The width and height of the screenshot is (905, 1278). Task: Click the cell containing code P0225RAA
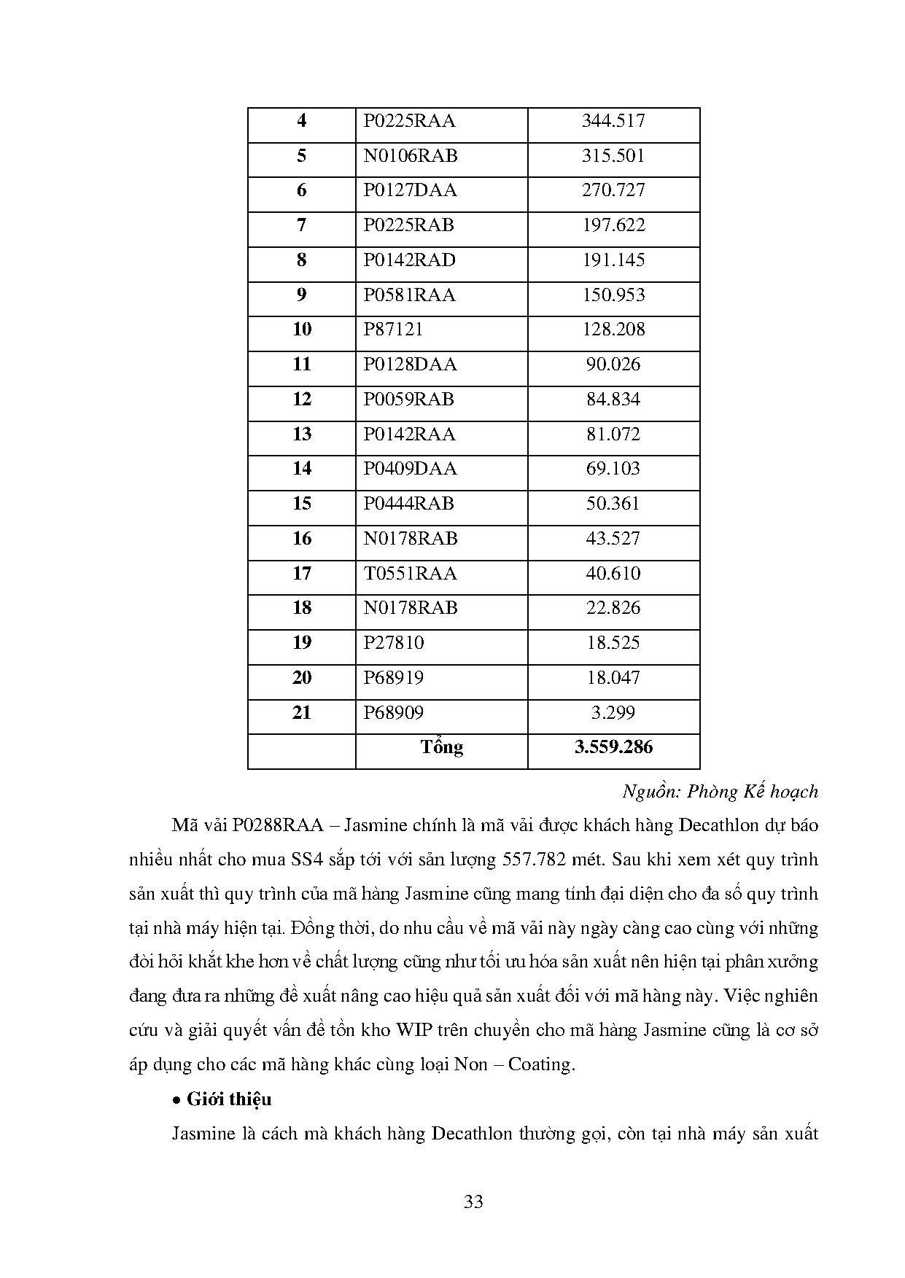(x=409, y=121)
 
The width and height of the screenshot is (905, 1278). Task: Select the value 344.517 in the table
(x=613, y=121)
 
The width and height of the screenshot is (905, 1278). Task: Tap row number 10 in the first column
(x=302, y=330)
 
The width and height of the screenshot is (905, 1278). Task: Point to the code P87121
(x=393, y=330)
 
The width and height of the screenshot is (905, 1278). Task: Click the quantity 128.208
(x=613, y=330)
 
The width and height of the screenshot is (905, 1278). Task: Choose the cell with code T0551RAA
(x=410, y=574)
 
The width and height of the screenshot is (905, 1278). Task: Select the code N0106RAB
(x=411, y=156)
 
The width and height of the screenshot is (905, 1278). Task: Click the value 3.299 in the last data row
(x=613, y=713)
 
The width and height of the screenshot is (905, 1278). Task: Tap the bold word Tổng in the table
(x=441, y=747)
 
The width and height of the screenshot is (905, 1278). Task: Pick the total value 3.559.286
(x=613, y=747)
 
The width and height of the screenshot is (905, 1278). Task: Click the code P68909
(x=394, y=713)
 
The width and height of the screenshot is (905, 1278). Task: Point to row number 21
(x=302, y=713)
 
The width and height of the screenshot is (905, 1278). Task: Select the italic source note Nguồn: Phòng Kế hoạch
(x=720, y=792)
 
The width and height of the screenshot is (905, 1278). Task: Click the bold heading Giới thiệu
(x=229, y=1099)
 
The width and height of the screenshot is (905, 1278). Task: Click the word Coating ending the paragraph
(x=540, y=1065)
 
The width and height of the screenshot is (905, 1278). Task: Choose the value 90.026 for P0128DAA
(x=613, y=365)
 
